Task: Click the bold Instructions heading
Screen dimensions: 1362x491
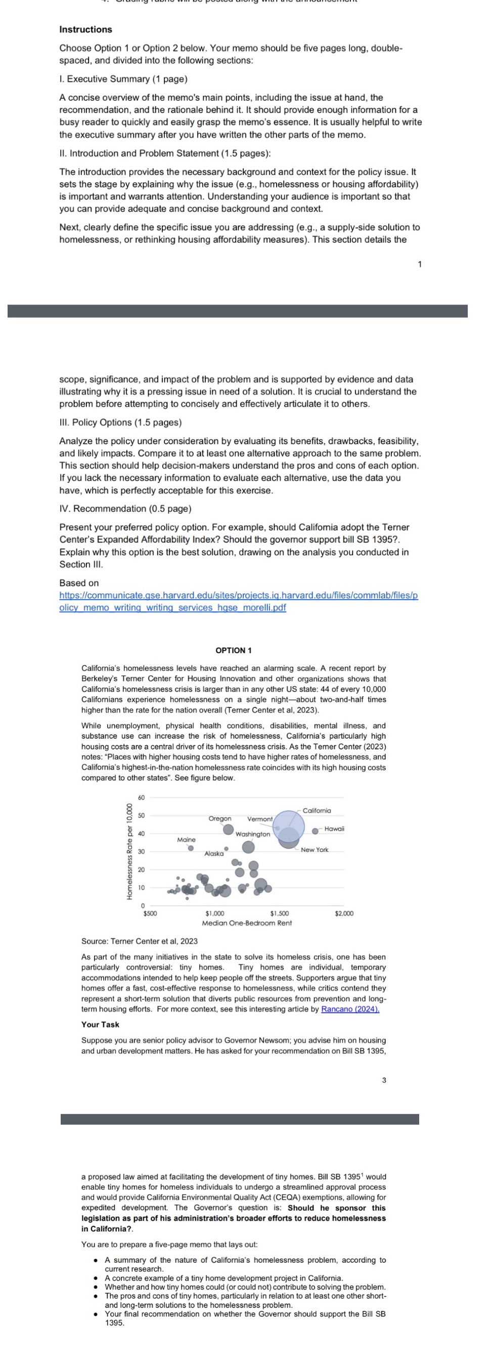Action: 85,30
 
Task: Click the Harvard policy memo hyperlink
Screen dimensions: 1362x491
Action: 238,601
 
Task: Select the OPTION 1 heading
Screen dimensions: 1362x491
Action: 234,650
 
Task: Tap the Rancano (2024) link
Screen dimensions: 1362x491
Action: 350,1009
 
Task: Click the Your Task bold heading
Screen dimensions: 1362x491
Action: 101,1024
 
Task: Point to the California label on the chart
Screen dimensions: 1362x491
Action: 317,811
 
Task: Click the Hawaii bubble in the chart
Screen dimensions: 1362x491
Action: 315,831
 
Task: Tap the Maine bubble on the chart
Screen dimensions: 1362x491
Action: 191,848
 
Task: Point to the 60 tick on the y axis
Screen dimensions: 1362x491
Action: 141,797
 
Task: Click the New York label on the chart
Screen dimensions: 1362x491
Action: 315,849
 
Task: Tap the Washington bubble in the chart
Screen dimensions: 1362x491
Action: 248,847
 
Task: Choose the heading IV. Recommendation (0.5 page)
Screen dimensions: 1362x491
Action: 125,508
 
